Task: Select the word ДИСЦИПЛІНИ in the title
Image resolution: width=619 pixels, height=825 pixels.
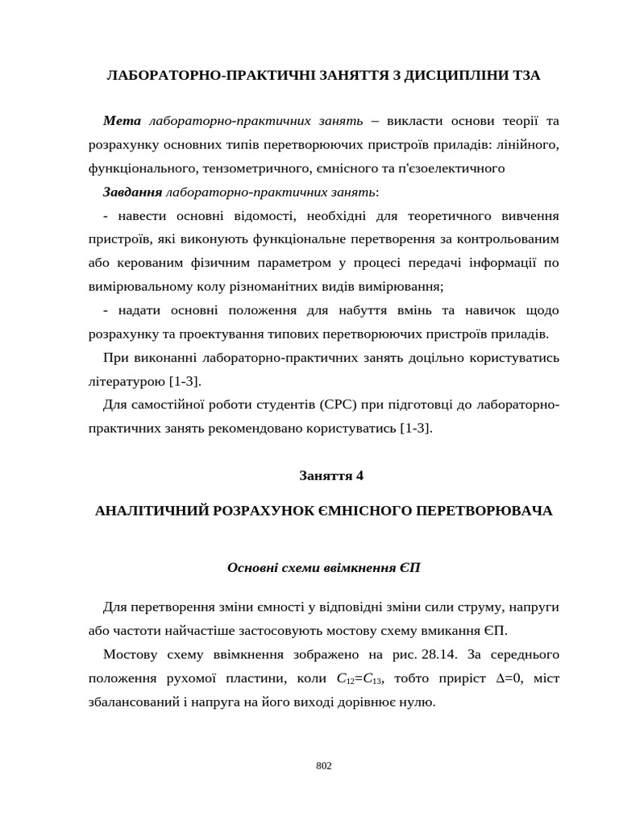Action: coord(448,75)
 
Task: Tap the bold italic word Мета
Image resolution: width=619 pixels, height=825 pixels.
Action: coord(122,121)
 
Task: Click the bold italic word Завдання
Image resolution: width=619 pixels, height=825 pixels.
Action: coord(132,192)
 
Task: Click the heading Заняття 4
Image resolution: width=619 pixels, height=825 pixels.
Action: coord(331,475)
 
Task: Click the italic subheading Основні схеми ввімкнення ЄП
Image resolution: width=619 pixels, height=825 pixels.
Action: coord(324,568)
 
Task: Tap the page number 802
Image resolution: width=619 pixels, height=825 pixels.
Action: coord(323,765)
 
